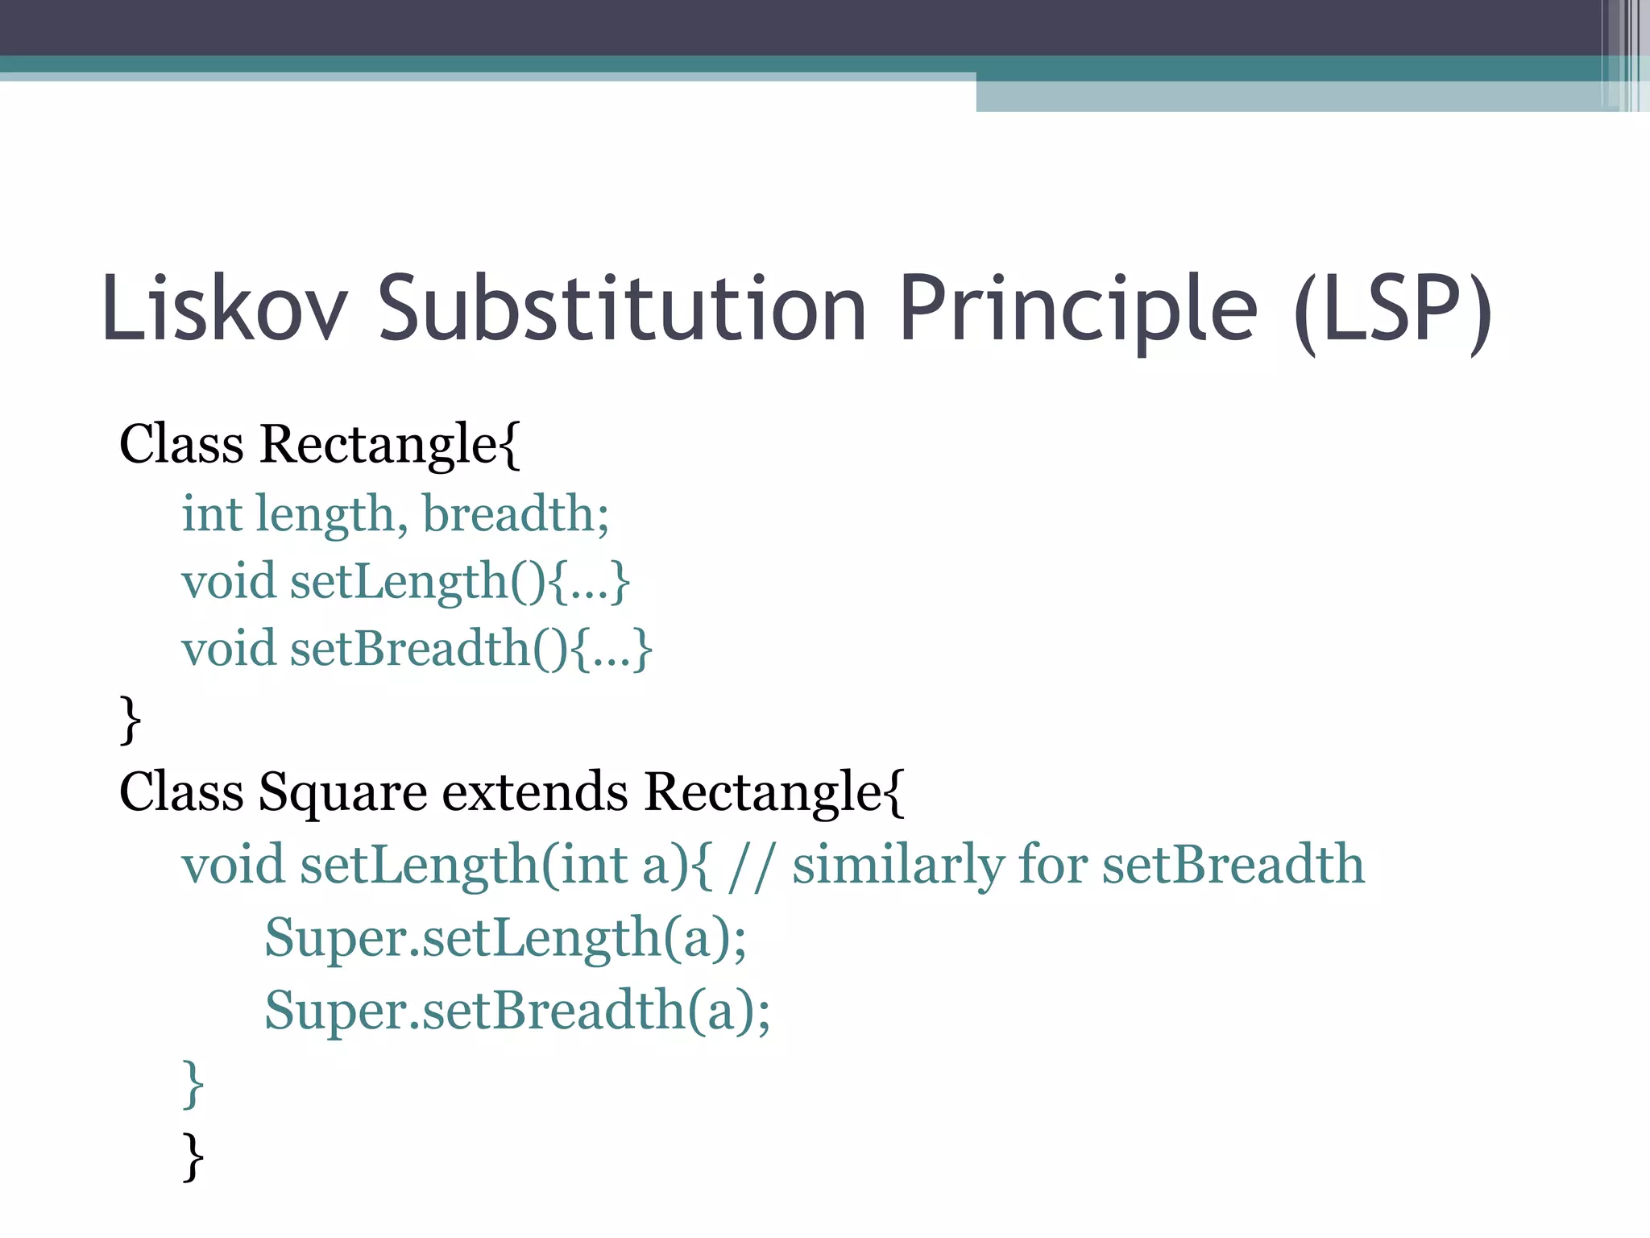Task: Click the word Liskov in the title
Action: pos(225,309)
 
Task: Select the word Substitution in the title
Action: pos(622,309)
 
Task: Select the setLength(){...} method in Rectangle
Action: pos(459,582)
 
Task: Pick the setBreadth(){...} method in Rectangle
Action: pos(471,650)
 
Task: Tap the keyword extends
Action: pos(534,791)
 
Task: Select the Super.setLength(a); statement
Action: pos(506,939)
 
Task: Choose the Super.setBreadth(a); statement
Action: pos(517,1011)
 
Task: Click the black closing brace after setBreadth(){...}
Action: pos(130,720)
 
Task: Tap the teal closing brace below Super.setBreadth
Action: pos(193,1084)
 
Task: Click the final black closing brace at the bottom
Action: pos(193,1157)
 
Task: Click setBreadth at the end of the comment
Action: pos(1233,865)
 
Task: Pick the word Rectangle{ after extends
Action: pos(774,791)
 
